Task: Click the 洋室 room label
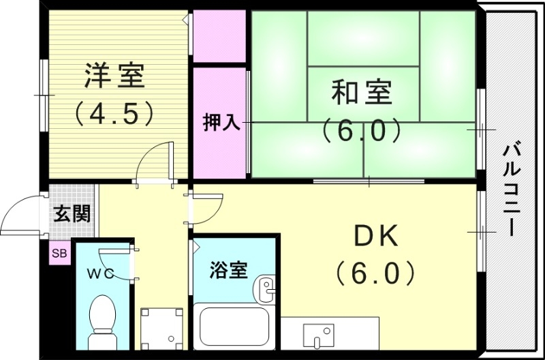114,75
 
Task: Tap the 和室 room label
362,92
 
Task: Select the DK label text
375,236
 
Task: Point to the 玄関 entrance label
72,213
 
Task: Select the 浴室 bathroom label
228,271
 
